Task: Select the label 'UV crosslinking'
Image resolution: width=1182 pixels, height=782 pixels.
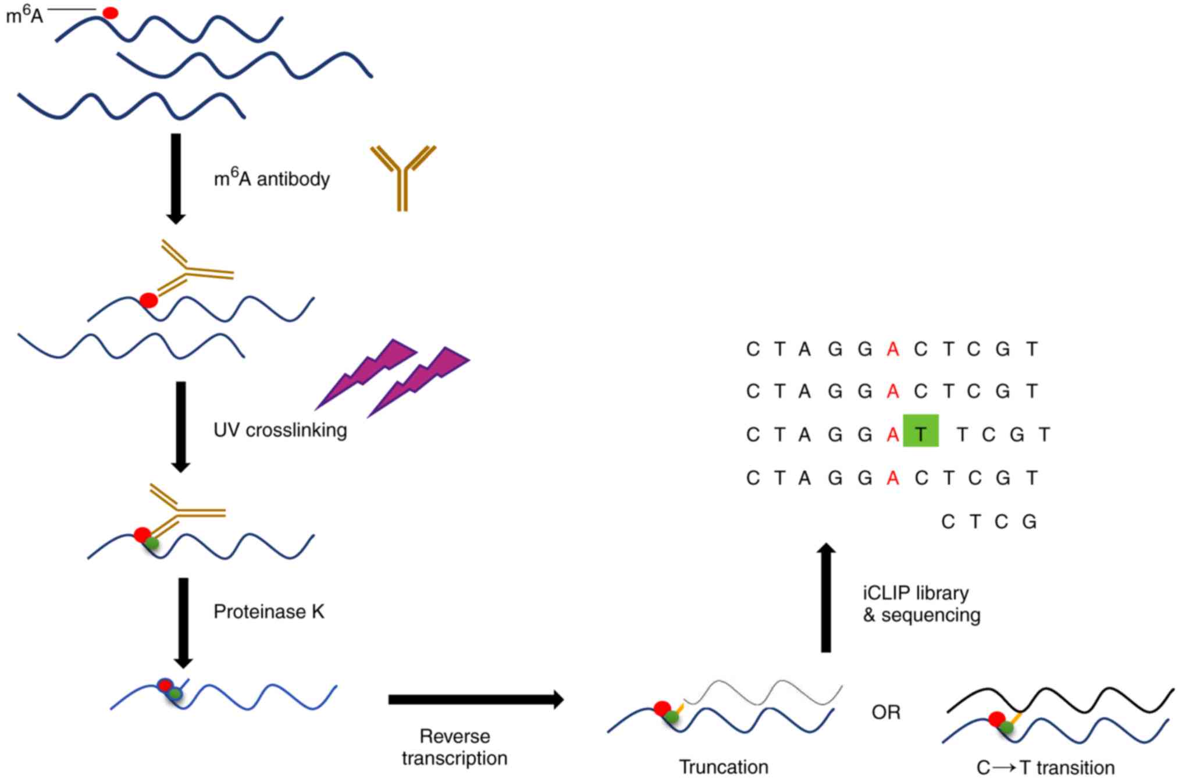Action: tap(280, 430)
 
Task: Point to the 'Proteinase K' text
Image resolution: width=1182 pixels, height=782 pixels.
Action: tap(269, 612)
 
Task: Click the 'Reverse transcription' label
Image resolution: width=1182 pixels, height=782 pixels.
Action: tap(454, 747)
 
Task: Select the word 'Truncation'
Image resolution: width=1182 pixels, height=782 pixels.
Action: tap(724, 767)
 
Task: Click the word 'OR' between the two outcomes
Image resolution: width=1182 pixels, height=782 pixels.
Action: tap(885, 712)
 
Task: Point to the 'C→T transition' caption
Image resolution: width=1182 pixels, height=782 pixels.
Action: tap(1045, 767)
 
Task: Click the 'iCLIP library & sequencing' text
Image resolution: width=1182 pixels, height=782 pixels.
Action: tap(921, 604)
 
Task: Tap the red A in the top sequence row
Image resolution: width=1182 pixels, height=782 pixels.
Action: tap(892, 349)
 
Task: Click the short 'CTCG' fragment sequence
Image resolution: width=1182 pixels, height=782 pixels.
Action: tap(989, 522)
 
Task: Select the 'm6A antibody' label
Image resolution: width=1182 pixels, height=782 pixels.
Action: tap(272, 178)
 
